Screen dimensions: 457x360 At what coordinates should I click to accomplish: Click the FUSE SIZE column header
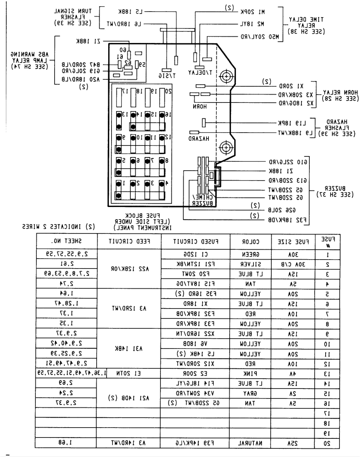pyautogui.click(x=293, y=242)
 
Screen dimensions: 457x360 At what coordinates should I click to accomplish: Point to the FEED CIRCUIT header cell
pyautogui.click(x=129, y=241)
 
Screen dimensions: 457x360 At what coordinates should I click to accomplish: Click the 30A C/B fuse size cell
pyautogui.click(x=293, y=264)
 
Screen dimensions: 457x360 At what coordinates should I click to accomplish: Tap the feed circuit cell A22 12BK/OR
pyautogui.click(x=129, y=269)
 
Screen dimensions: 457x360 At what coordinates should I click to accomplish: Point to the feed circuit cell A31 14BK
pyautogui.click(x=129, y=348)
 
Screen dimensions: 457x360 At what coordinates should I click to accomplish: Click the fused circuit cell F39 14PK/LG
pyautogui.click(x=195, y=443)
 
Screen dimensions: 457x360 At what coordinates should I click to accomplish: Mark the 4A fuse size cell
pyautogui.click(x=293, y=374)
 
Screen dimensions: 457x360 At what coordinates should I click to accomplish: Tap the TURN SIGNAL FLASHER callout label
pyautogui.click(x=73, y=17)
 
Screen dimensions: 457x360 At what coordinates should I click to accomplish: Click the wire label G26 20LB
pyautogui.click(x=282, y=210)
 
